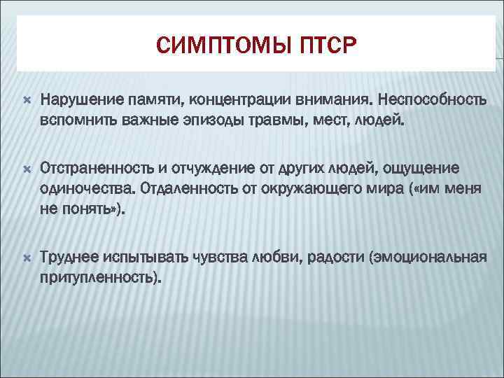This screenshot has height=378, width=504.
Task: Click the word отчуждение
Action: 203,168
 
